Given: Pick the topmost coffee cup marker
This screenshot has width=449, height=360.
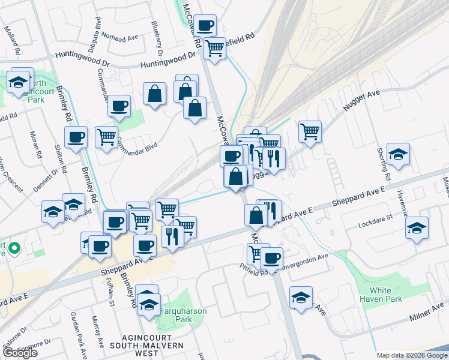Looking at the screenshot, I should click(x=205, y=25).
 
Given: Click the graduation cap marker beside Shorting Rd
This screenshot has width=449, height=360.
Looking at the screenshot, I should click(x=398, y=155).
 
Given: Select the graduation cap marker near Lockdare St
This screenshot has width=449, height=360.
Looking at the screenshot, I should click(x=417, y=228).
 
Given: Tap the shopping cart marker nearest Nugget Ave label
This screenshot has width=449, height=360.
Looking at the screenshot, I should click(x=310, y=131).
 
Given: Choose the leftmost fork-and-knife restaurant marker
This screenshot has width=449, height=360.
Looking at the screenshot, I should click(x=172, y=236).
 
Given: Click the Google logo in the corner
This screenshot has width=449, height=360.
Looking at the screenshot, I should click(x=20, y=353).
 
